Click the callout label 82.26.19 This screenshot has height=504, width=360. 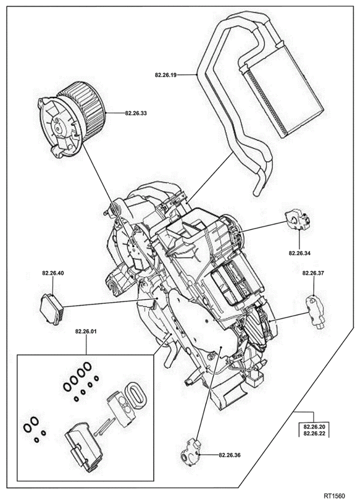pyautogui.click(x=165, y=75)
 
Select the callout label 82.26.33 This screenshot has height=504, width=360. pyautogui.click(x=136, y=113)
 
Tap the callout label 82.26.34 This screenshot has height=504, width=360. pyautogui.click(x=299, y=253)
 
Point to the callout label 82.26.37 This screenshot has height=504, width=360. pyautogui.click(x=312, y=273)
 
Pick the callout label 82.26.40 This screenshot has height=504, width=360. pyautogui.click(x=53, y=273)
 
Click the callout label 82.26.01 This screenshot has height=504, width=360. pyautogui.click(x=86, y=332)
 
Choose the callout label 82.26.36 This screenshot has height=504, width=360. pyautogui.click(x=230, y=455)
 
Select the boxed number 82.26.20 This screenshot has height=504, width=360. pyautogui.click(x=314, y=427)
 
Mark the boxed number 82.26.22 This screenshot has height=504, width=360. pyautogui.click(x=314, y=433)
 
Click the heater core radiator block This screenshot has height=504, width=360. pyautogui.click(x=284, y=91)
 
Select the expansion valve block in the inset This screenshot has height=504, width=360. pyautogui.click(x=121, y=410)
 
